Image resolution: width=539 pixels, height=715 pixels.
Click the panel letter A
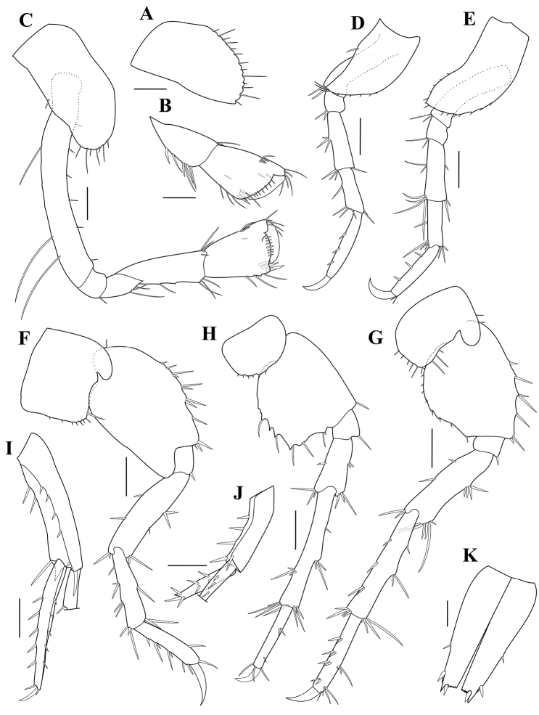click(x=146, y=15)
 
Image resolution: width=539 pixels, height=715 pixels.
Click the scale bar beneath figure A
click(x=151, y=88)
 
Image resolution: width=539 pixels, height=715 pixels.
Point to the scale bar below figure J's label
click(x=187, y=565)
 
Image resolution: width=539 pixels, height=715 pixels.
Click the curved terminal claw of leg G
click(x=302, y=695)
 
